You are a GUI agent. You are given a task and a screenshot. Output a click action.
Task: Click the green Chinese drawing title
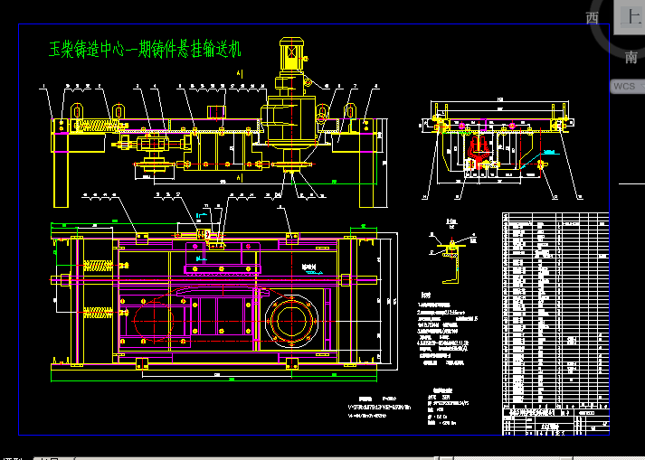pos(145,48)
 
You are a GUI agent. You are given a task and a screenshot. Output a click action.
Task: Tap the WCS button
pos(625,86)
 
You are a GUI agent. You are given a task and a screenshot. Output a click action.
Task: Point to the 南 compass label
pos(631,57)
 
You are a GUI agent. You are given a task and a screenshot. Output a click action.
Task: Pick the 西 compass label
pos(593,18)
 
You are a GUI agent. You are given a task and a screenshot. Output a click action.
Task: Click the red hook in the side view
pos(479,150)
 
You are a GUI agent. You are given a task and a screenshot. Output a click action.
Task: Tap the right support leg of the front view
pos(369,172)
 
